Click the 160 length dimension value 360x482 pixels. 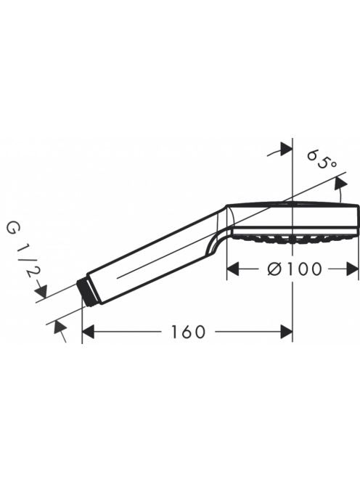(x=188, y=332)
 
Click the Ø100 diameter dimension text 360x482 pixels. (x=295, y=269)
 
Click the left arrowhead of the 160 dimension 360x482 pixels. (x=88, y=332)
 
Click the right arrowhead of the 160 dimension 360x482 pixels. (x=286, y=332)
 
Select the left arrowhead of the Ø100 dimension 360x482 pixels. (x=233, y=269)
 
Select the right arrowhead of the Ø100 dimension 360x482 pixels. (x=352, y=269)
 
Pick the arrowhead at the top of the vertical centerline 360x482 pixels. (x=286, y=150)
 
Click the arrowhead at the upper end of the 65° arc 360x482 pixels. (x=340, y=184)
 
